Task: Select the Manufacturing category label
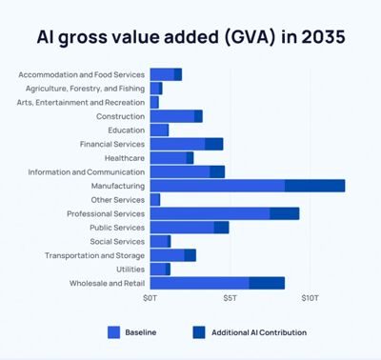[119, 186]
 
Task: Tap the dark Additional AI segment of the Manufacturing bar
[314, 186]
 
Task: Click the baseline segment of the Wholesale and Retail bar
[199, 283]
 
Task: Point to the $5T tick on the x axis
[231, 299]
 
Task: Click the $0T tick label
[150, 299]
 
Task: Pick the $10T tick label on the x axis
[310, 299]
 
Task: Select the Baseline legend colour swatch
[114, 332]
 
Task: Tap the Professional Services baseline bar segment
[210, 213]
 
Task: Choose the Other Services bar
[155, 199]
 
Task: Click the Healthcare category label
[125, 158]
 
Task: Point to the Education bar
[159, 130]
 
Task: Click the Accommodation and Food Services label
[81, 74]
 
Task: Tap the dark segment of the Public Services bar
[221, 228]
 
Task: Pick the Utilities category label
[130, 269]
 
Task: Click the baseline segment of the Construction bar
[171, 116]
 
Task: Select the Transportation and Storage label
[95, 255]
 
